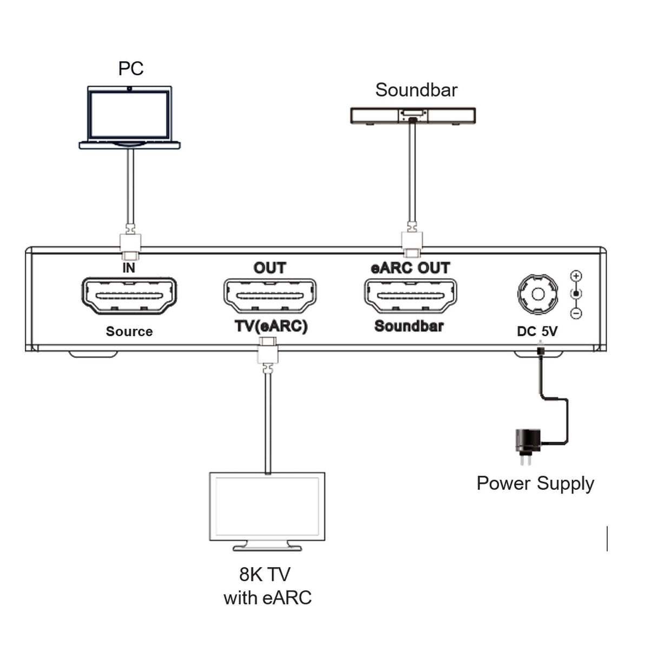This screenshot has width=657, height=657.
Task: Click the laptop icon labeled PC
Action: pyautogui.click(x=129, y=117)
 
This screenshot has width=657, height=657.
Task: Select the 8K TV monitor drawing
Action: pyautogui.click(x=267, y=508)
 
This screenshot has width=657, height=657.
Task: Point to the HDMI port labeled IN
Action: pyautogui.click(x=129, y=295)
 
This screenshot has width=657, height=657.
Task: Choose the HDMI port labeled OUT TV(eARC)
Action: pyautogui.click(x=270, y=295)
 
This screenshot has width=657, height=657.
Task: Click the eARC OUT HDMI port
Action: pyautogui.click(x=410, y=295)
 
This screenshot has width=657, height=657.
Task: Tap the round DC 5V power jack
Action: pyautogui.click(x=537, y=294)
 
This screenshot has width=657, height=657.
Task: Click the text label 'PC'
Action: pyautogui.click(x=130, y=69)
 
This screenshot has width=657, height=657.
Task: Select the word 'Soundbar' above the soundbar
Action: pyautogui.click(x=416, y=90)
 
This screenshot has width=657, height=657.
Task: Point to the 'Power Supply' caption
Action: pyautogui.click(x=535, y=483)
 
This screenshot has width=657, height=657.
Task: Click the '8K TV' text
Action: pyautogui.click(x=265, y=574)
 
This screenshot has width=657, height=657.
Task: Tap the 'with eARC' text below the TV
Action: pyautogui.click(x=267, y=597)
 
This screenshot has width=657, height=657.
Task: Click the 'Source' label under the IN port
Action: pyautogui.click(x=129, y=331)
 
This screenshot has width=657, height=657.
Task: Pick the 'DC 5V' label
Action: pyautogui.click(x=537, y=331)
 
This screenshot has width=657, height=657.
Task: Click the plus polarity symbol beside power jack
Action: pyautogui.click(x=576, y=276)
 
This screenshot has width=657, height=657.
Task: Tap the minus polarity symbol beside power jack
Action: pyautogui.click(x=576, y=313)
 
